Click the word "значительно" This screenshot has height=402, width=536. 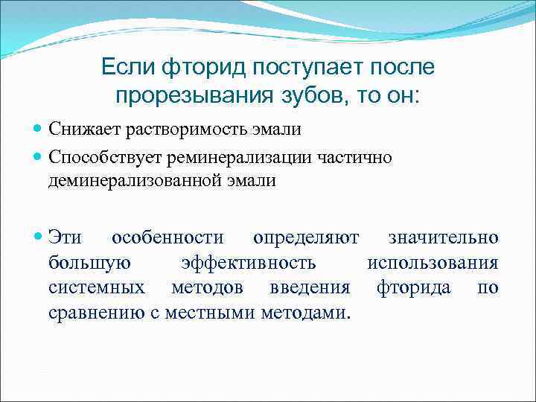click(x=443, y=237)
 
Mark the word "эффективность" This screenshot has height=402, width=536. click(x=249, y=262)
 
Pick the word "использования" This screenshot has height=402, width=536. click(x=433, y=262)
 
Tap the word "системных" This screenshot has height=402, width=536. click(x=95, y=287)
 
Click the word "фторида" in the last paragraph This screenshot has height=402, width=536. click(x=413, y=287)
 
